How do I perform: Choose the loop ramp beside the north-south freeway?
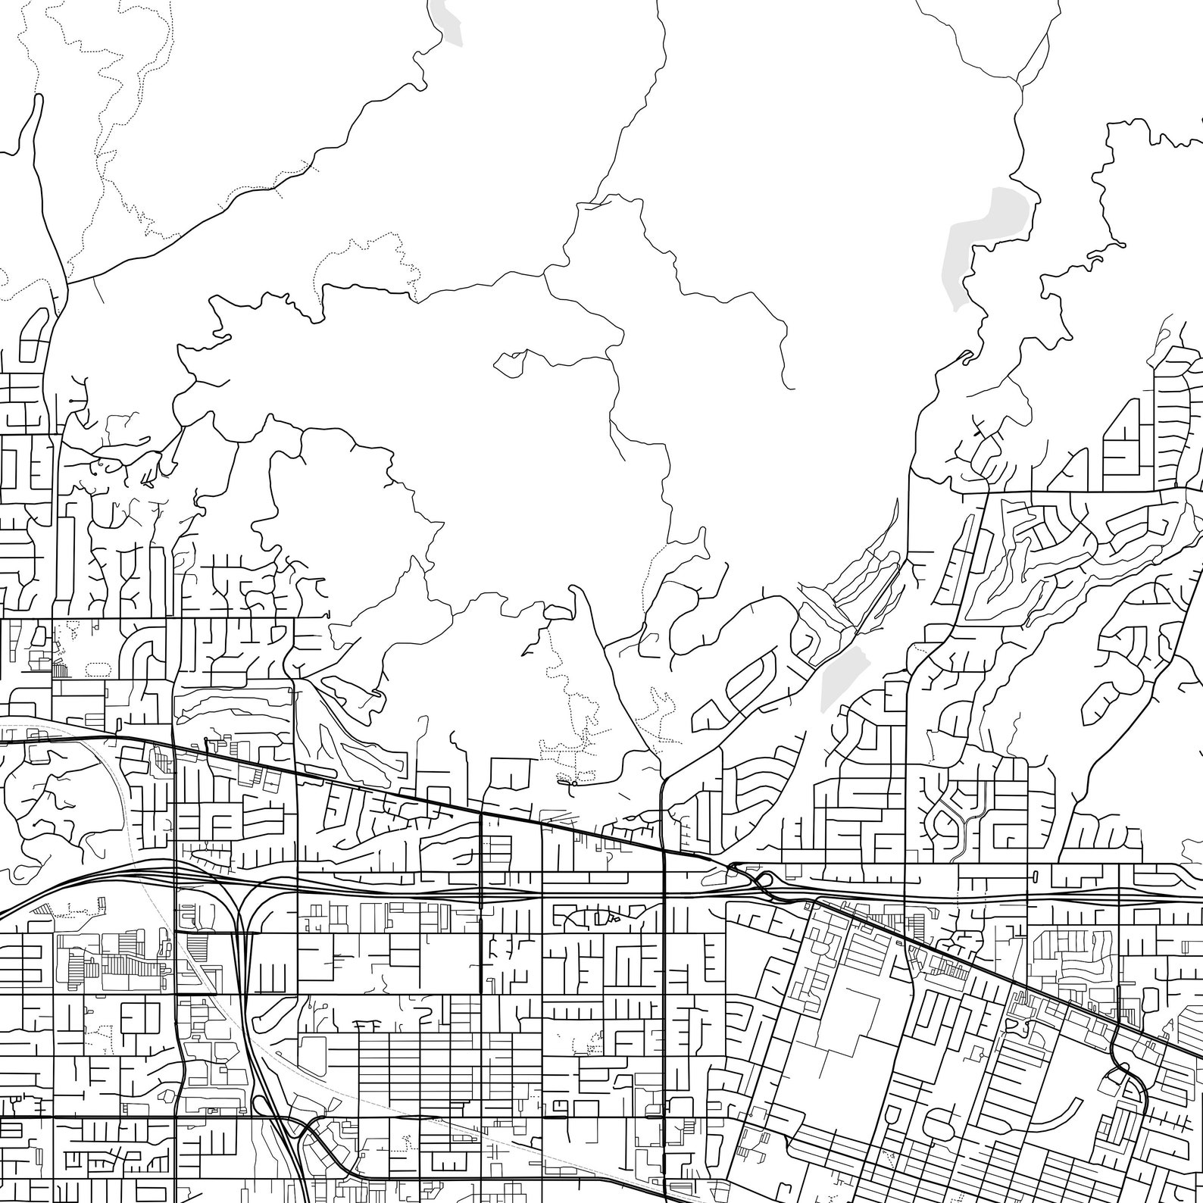(307, 1129)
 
